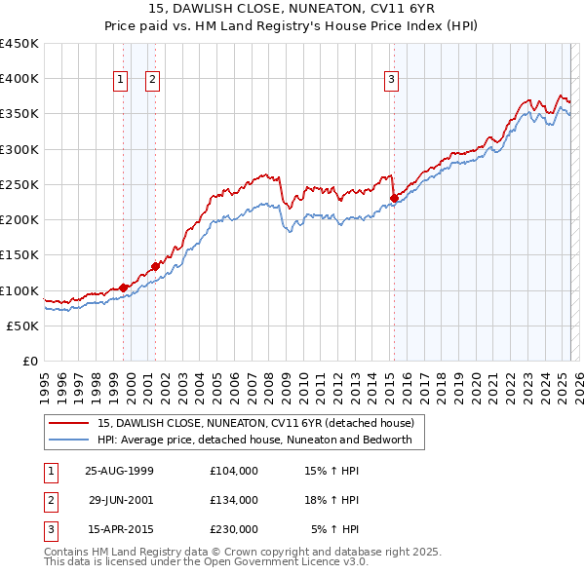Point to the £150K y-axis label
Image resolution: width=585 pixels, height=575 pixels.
pos(19,255)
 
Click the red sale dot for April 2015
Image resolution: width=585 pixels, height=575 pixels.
pos(394,199)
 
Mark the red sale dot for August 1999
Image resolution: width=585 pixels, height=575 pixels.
pos(124,287)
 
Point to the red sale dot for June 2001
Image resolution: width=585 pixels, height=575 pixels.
pos(156,266)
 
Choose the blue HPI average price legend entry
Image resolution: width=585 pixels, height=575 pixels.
pos(254,440)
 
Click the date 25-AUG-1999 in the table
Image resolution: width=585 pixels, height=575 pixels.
pos(120,471)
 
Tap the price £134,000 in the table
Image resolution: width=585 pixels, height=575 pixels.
pos(234,500)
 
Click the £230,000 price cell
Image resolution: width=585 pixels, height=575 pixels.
pos(234,529)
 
